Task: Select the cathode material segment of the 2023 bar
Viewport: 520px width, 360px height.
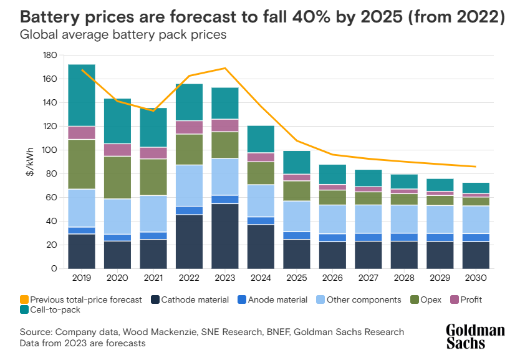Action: pyautogui.click(x=225, y=236)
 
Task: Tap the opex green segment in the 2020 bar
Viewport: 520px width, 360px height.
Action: pyautogui.click(x=117, y=177)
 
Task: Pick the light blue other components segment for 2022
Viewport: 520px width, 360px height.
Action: pyautogui.click(x=190, y=185)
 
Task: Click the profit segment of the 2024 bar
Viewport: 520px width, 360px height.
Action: pyautogui.click(x=261, y=157)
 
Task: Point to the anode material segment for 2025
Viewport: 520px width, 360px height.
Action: pyautogui.click(x=297, y=235)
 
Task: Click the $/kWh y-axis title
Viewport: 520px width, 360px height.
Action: pyautogui.click(x=30, y=162)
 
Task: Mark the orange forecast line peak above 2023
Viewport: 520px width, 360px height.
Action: pyautogui.click(x=225, y=68)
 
